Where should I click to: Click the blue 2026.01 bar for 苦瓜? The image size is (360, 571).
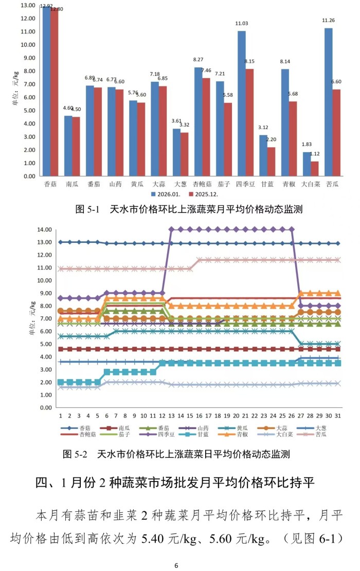(x=328, y=102)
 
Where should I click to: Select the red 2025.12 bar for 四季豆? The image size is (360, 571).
(x=248, y=122)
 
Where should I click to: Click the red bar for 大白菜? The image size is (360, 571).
(x=314, y=168)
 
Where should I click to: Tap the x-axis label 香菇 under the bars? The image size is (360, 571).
(x=50, y=183)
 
